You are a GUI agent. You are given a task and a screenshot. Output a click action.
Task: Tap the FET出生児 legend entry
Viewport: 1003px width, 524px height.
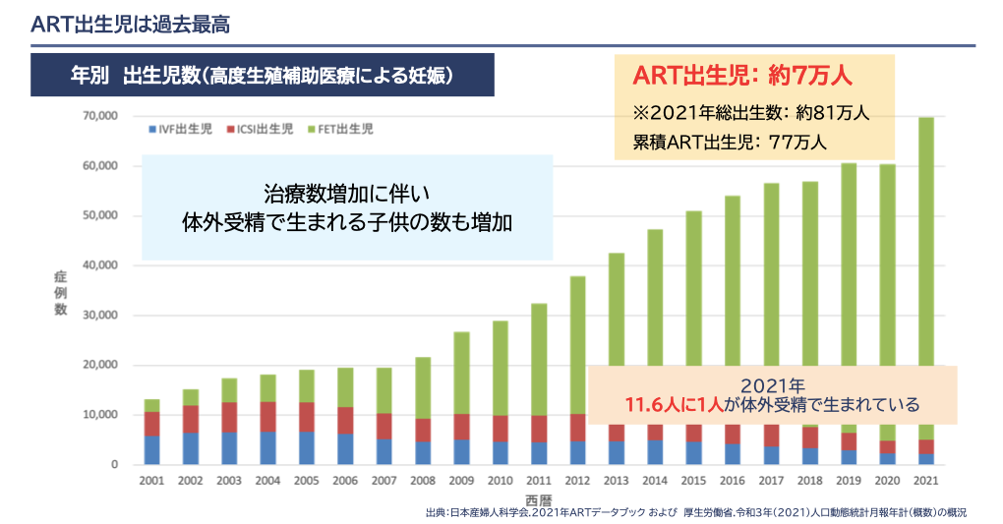click(x=345, y=129)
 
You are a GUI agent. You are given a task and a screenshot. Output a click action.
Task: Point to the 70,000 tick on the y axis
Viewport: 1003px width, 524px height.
click(x=100, y=116)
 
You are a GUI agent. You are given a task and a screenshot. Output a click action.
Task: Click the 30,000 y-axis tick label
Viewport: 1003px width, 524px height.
click(x=100, y=316)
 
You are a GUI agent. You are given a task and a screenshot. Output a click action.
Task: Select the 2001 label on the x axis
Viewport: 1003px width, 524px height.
click(x=151, y=482)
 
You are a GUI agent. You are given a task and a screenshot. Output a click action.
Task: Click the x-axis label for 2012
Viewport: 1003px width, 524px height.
click(x=577, y=482)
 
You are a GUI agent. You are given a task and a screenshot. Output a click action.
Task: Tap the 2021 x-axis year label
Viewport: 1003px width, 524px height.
click(x=925, y=482)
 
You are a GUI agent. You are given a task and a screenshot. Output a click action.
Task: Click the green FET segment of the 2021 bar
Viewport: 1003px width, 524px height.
click(x=925, y=246)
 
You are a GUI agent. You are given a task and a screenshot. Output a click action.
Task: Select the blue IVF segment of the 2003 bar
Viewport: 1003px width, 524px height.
click(x=229, y=448)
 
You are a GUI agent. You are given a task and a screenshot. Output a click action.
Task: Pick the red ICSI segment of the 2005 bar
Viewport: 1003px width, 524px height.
click(x=307, y=417)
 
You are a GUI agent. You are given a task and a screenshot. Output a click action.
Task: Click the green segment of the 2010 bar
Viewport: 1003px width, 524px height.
click(x=501, y=368)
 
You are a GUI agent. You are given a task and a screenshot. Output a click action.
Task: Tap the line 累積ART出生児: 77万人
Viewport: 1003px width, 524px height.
click(x=729, y=142)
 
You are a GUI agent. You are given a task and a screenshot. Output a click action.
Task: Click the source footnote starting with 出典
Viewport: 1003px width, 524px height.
click(x=696, y=513)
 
